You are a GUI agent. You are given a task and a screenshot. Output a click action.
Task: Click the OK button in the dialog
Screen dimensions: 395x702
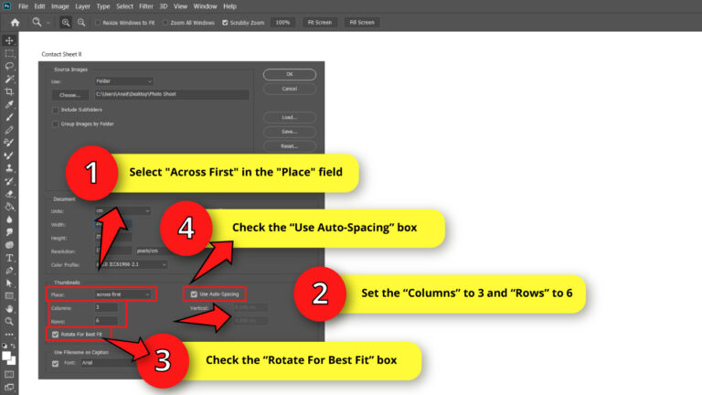tap(289, 74)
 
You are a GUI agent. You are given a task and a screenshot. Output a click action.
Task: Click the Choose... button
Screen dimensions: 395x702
tap(69, 94)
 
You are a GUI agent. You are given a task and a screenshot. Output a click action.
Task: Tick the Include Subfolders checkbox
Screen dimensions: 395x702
tap(56, 110)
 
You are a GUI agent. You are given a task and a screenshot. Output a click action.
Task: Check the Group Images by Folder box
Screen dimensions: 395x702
tap(56, 123)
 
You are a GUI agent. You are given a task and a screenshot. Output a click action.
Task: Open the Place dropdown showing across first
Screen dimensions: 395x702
tap(123, 294)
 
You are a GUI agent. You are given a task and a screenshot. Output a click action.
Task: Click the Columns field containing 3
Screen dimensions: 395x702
tap(110, 307)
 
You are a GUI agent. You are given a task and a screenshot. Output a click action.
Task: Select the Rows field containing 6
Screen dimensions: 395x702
tap(110, 320)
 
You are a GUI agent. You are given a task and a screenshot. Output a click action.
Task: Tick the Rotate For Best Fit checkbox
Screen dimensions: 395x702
tap(56, 334)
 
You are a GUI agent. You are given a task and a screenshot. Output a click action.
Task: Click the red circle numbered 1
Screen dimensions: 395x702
tap(90, 172)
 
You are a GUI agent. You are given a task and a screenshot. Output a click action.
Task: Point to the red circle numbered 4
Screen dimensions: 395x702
tap(186, 228)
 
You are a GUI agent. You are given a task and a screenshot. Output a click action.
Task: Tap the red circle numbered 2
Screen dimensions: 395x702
tap(320, 294)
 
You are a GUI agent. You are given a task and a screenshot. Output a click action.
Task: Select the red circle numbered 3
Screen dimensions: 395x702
tap(163, 359)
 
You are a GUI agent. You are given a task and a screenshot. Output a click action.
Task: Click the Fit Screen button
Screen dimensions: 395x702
tap(320, 22)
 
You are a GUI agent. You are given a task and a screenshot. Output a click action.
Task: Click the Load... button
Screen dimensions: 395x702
tap(289, 118)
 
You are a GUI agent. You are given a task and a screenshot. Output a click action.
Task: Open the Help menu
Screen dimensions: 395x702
tap(229, 6)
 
